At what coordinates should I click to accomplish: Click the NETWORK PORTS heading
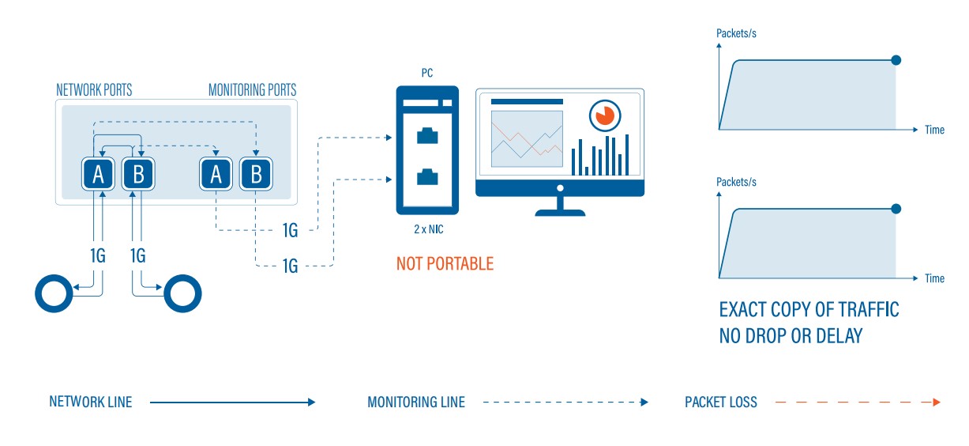[x=94, y=90]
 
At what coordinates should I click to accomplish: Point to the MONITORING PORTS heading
[x=252, y=90]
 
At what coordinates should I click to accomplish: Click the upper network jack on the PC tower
[x=427, y=135]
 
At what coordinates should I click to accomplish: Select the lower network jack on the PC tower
[x=427, y=176]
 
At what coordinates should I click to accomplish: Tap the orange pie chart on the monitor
[x=603, y=115]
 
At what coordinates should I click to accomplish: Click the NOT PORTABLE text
[x=445, y=263]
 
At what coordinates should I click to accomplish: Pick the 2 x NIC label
[x=426, y=229]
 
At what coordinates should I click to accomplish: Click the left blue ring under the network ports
[x=54, y=293]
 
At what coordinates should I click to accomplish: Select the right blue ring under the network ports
[x=182, y=294]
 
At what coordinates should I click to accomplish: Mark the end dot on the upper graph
[x=896, y=60]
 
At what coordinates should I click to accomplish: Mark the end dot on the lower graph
[x=896, y=209]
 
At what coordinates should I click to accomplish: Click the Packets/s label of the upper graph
[x=736, y=33]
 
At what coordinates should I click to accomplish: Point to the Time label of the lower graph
[x=934, y=278]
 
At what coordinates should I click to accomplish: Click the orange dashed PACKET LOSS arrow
[x=858, y=403]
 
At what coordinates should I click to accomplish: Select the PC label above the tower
[x=426, y=73]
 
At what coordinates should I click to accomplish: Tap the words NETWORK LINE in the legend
[x=91, y=403]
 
